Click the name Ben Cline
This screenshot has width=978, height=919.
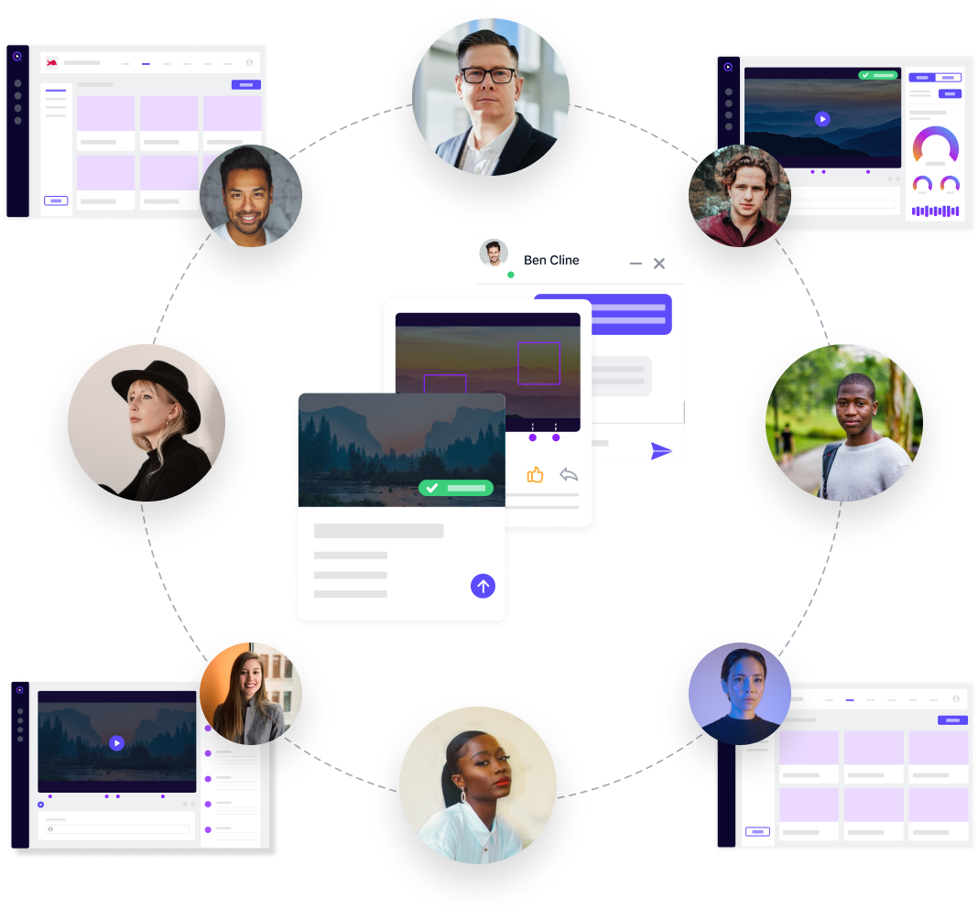[x=551, y=260]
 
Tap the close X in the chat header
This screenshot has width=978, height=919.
[x=658, y=264]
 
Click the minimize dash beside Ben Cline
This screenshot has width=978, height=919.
[x=636, y=264]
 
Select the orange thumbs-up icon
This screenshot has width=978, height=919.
[x=535, y=475]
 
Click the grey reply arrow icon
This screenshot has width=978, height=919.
[x=569, y=475]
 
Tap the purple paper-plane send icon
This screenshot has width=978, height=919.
[x=661, y=450]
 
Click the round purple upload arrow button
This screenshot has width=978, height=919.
[x=483, y=586]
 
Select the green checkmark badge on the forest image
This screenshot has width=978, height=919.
[x=456, y=488]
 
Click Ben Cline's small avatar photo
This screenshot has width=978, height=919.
[x=494, y=254]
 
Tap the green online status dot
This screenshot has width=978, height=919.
[x=511, y=275]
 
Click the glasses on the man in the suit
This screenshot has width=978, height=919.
[x=488, y=75]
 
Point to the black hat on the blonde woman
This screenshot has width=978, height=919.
[x=156, y=386]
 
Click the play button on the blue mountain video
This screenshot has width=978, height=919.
[x=822, y=119]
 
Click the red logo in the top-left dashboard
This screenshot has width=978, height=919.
[x=52, y=62]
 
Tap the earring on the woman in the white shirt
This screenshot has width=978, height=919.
[x=463, y=796]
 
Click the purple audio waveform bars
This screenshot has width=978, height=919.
[x=935, y=211]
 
